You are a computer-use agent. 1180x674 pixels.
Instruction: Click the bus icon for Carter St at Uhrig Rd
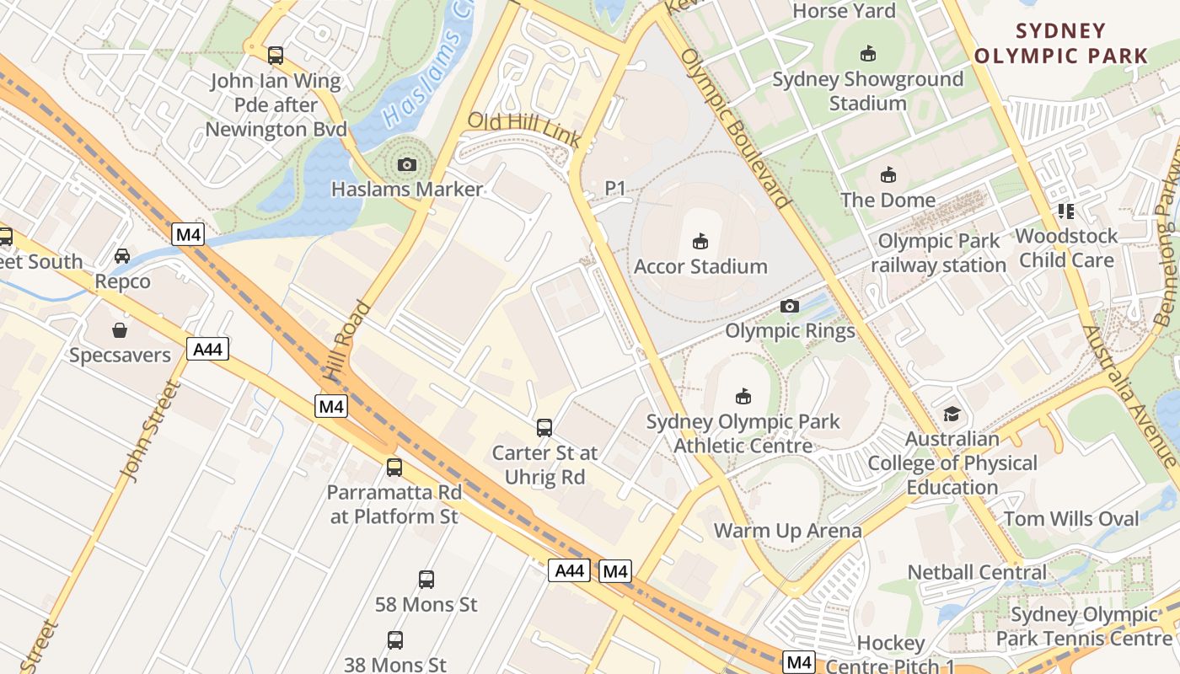coord(544,428)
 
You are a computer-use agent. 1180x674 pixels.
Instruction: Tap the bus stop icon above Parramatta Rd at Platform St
coord(394,467)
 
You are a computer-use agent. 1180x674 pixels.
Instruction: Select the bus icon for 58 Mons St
coord(426,580)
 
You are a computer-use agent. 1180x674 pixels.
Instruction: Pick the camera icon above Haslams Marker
coord(407,164)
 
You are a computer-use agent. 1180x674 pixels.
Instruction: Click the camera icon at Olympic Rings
coord(790,306)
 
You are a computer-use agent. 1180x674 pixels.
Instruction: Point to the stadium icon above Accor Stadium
coord(700,242)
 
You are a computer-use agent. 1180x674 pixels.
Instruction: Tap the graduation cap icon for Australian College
coord(952,414)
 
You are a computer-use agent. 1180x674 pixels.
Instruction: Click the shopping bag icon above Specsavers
coord(120,330)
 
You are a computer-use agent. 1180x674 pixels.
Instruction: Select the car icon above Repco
coord(122,256)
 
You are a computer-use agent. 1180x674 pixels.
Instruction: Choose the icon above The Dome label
coord(888,175)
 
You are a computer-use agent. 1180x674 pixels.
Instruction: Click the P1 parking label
coord(616,189)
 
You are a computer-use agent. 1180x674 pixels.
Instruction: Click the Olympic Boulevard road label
coord(735,128)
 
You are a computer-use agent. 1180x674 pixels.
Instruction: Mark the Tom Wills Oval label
coord(1071,518)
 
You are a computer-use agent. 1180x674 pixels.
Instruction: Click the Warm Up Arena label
coord(787,530)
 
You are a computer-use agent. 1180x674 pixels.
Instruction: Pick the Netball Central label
coord(977,572)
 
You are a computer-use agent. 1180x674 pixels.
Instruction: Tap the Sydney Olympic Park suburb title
coord(1060,44)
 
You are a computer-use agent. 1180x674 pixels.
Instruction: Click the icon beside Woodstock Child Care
coord(1066,211)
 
